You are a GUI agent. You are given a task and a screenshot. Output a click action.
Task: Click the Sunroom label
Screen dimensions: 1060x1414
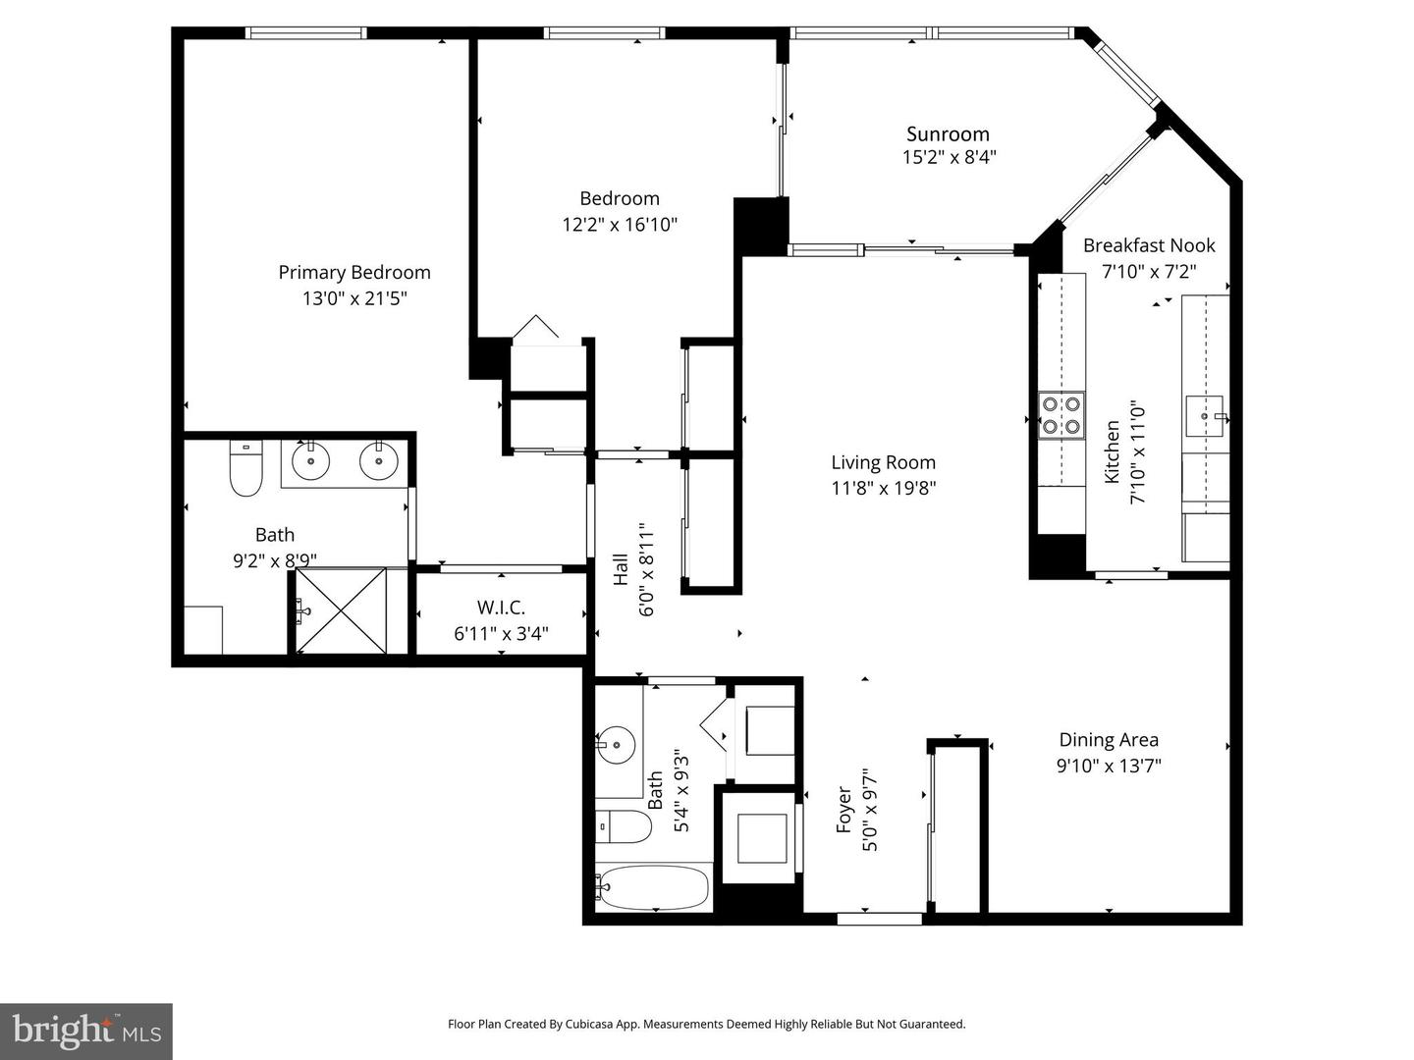tap(948, 134)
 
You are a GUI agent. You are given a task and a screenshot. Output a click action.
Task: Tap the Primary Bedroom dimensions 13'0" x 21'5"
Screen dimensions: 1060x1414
tap(354, 298)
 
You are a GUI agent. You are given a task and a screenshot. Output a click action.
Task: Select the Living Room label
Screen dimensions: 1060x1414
tap(883, 462)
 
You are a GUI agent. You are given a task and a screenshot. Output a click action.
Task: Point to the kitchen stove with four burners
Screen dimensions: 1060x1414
tap(1061, 414)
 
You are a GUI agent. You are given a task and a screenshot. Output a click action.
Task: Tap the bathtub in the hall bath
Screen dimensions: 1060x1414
tap(652, 888)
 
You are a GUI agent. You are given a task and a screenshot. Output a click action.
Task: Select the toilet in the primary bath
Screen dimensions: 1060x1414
tap(245, 471)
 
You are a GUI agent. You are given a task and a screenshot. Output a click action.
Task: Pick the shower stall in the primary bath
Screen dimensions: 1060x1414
tap(342, 611)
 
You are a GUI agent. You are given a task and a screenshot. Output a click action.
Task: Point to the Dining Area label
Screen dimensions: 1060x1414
tap(1109, 740)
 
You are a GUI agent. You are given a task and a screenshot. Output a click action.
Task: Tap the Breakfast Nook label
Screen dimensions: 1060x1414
tap(1149, 245)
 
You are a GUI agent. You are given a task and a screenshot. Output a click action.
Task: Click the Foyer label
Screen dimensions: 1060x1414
tap(843, 814)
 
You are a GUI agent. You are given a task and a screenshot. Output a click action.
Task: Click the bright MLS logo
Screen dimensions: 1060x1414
tap(86, 1031)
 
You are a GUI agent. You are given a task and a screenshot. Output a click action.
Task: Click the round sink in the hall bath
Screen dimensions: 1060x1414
tap(616, 745)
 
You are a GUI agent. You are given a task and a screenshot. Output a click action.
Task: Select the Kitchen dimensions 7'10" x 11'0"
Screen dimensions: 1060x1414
tap(1138, 452)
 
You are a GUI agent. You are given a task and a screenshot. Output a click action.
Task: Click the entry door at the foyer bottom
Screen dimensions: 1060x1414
tap(879, 919)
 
